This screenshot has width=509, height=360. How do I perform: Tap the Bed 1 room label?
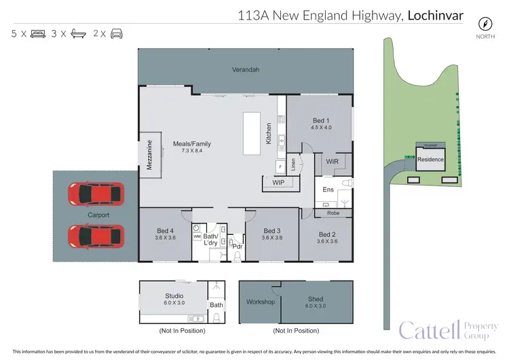point(320,120)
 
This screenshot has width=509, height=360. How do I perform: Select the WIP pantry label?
point(278,183)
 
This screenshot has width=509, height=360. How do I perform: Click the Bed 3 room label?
point(273,230)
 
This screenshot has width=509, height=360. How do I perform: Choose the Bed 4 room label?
point(166,230)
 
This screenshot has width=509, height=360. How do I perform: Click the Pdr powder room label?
point(237,246)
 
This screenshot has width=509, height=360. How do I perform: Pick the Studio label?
point(174,296)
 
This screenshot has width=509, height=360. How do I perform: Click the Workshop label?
point(260,301)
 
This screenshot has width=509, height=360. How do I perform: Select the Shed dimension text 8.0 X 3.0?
point(316,306)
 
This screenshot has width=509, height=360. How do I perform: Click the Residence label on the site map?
point(430,160)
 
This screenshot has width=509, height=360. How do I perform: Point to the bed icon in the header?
point(38,33)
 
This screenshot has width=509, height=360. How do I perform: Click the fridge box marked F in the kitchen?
point(279,165)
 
